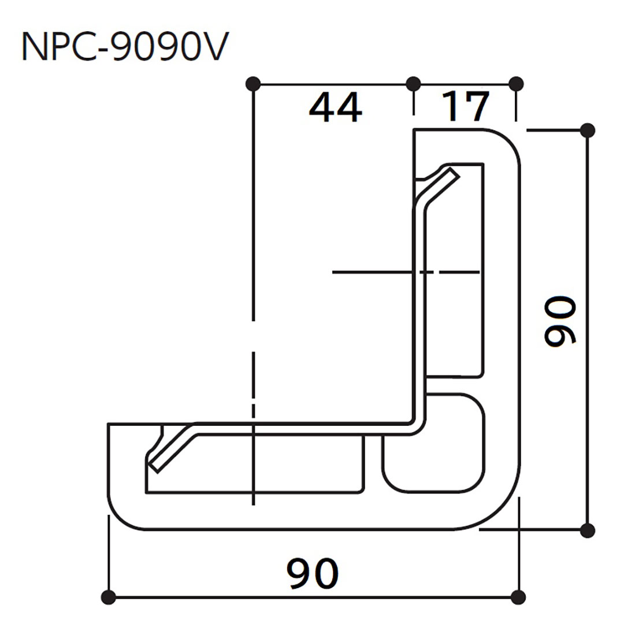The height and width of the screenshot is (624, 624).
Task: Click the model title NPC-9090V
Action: [125, 47]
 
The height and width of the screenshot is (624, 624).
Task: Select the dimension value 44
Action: [336, 107]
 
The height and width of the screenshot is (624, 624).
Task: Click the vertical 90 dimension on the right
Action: [560, 321]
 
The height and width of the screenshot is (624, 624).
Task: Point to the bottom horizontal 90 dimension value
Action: [313, 573]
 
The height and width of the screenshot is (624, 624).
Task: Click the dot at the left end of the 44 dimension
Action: [253, 84]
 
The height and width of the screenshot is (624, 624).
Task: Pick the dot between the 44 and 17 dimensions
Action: [414, 84]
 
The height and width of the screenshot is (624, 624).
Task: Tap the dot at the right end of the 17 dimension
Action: [516, 84]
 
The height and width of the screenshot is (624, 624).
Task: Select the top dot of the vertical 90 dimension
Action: [588, 130]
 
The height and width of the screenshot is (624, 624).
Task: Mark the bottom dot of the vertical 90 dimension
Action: [588, 530]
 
